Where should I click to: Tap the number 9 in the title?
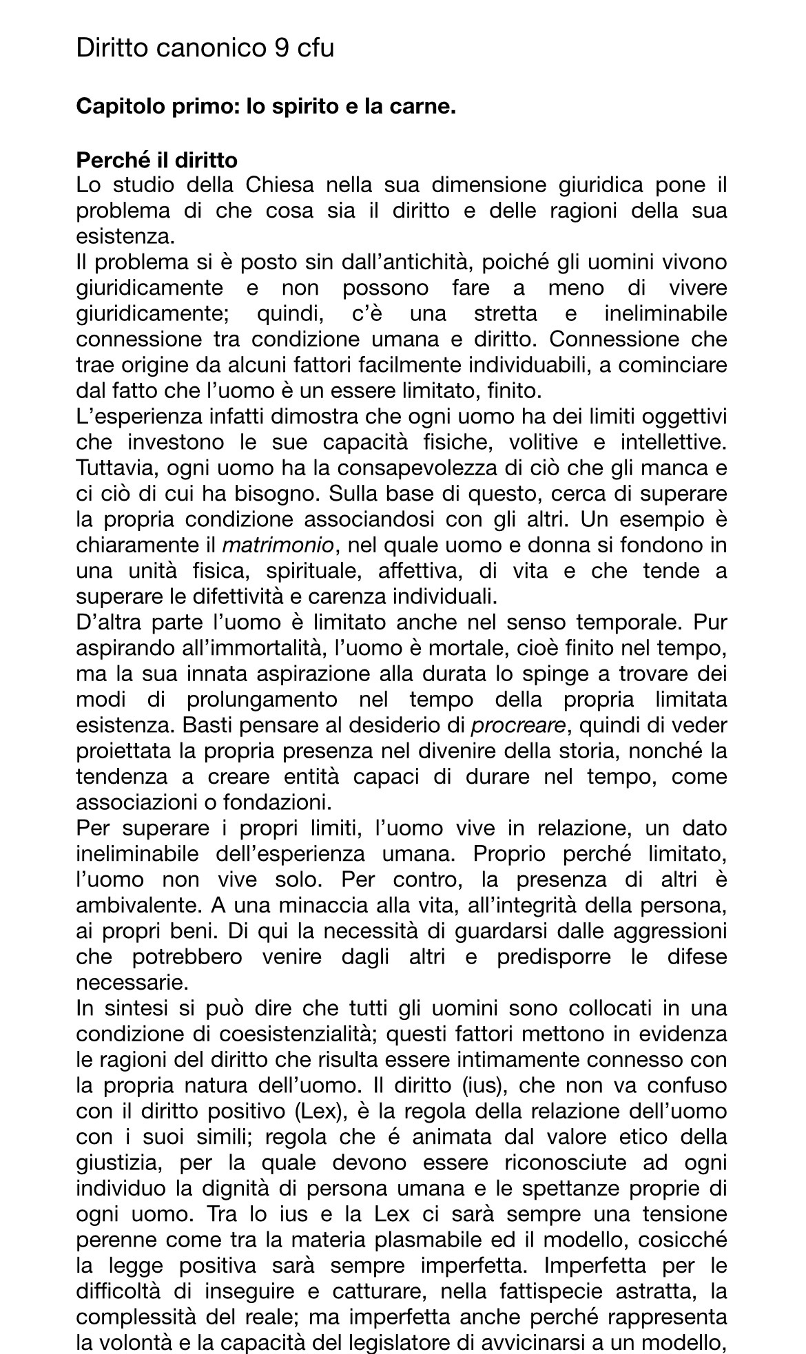282,48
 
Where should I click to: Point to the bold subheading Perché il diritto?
156,160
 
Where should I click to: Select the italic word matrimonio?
278,545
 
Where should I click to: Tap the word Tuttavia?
114,468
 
